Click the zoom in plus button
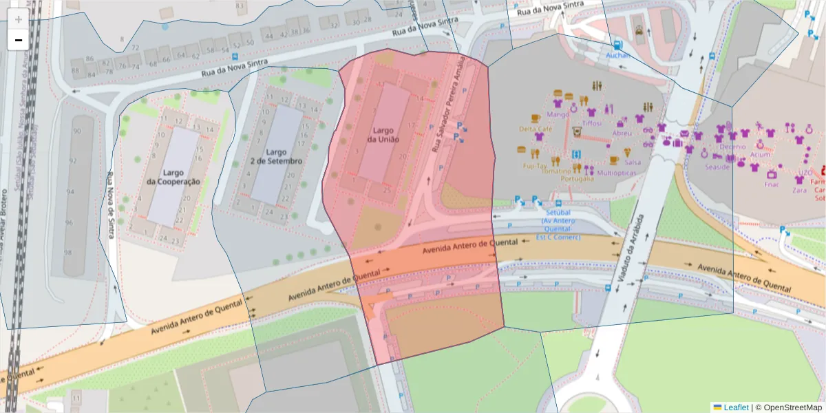18,19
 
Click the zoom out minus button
18,40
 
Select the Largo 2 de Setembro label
276,156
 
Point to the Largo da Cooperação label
173,177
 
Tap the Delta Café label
536,129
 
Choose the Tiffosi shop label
591,123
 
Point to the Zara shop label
799,189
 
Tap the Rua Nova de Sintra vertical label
110,206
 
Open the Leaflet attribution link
736,407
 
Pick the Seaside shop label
717,167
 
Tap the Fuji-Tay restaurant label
534,166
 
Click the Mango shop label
558,114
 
